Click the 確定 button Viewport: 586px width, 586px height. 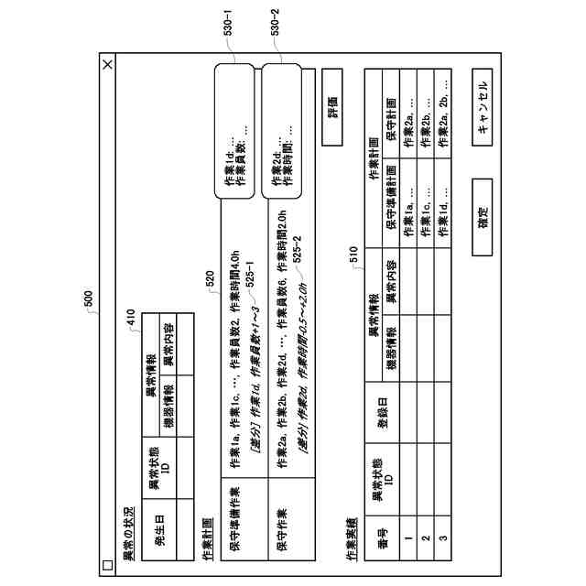(483, 217)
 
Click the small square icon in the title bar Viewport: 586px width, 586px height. (107, 566)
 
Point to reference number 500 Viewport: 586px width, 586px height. (88, 299)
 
